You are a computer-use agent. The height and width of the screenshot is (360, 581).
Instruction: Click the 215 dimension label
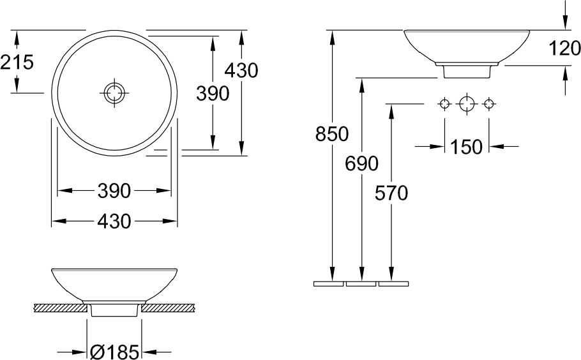(x=17, y=62)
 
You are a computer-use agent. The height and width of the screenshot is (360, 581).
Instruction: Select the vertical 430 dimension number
(x=241, y=70)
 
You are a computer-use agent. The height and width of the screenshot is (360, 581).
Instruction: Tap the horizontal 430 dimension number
(x=114, y=221)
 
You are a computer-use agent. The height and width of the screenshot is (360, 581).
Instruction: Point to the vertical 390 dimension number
(x=213, y=93)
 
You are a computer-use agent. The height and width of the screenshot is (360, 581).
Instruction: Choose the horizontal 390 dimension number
(x=114, y=191)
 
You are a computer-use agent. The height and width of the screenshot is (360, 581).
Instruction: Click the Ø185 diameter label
(x=114, y=352)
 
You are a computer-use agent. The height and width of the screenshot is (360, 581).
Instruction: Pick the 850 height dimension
(x=332, y=133)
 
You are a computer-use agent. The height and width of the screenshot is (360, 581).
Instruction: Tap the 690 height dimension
(x=361, y=163)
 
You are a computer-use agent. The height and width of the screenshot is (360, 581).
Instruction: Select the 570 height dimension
(x=391, y=193)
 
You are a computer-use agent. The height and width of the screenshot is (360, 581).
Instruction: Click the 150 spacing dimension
(x=467, y=147)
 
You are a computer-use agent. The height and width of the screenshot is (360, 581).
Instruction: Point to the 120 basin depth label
(x=564, y=48)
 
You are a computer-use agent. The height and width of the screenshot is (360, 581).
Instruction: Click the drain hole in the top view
(x=114, y=93)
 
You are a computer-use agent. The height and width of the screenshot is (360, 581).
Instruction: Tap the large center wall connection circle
(x=467, y=104)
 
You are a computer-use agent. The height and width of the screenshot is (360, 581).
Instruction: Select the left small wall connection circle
(x=444, y=104)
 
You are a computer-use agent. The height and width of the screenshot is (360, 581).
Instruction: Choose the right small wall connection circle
(x=488, y=104)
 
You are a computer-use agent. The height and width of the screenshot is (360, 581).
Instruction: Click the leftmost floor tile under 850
(x=329, y=283)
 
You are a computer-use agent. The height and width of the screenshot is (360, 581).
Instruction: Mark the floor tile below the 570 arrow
(x=393, y=283)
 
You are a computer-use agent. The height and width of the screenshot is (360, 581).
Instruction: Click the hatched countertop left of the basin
(x=59, y=308)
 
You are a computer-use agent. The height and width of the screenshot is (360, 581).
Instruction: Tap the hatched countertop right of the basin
(x=169, y=308)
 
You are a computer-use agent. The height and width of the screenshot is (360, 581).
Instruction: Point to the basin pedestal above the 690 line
(x=467, y=70)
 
